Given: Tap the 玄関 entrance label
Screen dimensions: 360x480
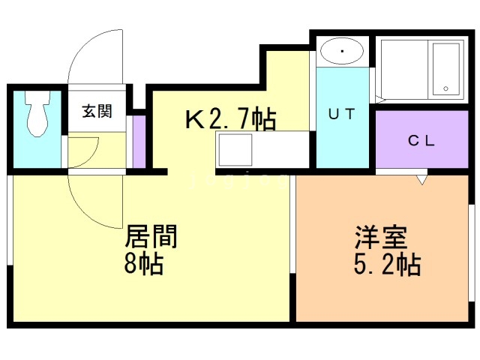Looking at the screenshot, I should click(x=97, y=112).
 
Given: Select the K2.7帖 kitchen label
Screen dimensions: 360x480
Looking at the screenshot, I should click(x=231, y=118).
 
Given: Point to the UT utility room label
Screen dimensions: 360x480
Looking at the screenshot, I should click(x=343, y=115).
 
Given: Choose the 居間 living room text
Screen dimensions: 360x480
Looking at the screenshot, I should click(x=151, y=238).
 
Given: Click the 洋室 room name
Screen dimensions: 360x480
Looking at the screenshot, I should click(x=380, y=238).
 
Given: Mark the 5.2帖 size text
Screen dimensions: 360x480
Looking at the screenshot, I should click(x=386, y=265).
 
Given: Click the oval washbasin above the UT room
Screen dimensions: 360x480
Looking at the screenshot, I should click(x=342, y=52).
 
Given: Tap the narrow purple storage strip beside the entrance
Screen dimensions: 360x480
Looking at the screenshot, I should click(x=139, y=141).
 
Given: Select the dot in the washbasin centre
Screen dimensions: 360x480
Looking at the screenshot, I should click(x=342, y=52).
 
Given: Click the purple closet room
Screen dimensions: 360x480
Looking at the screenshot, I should click(x=422, y=140).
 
